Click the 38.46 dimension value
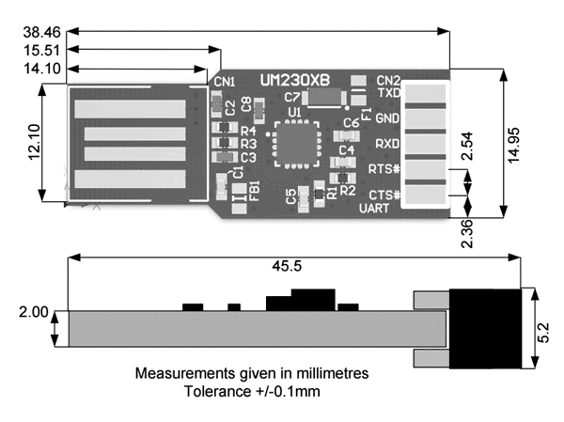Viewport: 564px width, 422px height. pyautogui.click(x=42, y=32)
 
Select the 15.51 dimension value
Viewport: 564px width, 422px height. pyautogui.click(x=42, y=51)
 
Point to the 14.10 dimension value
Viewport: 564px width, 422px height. pyautogui.click(x=42, y=69)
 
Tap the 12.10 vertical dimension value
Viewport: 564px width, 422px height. pyautogui.click(x=34, y=142)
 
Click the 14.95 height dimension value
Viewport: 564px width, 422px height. pyautogui.click(x=513, y=145)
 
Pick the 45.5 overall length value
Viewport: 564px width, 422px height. pyautogui.click(x=287, y=266)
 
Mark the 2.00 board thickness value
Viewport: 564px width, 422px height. pyautogui.click(x=34, y=312)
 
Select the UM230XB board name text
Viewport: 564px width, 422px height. pyautogui.click(x=294, y=81)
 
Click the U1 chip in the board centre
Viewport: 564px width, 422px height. pyautogui.click(x=297, y=145)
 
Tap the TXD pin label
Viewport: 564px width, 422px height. pyautogui.click(x=389, y=93)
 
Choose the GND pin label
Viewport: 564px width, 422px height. pyautogui.click(x=387, y=118)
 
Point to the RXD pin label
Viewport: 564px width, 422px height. pyautogui.click(x=387, y=144)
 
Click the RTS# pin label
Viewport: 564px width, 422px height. pyautogui.click(x=384, y=169)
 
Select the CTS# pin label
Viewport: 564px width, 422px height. pyautogui.click(x=384, y=195)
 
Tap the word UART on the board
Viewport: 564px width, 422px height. pyautogui.click(x=374, y=209)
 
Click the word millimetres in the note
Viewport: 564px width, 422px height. pyautogui.click(x=333, y=373)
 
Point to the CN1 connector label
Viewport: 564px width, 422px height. pyautogui.click(x=225, y=82)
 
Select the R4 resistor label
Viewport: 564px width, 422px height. pyautogui.click(x=248, y=131)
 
